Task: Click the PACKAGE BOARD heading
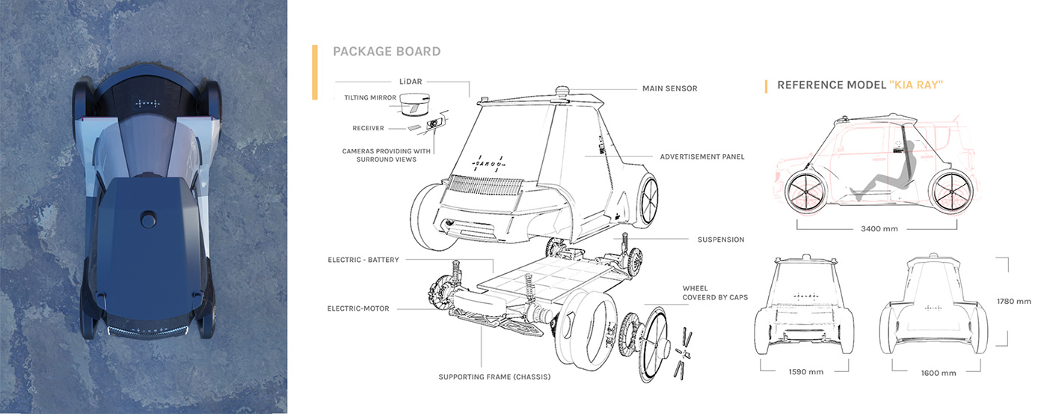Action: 387,52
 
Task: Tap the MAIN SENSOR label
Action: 669,88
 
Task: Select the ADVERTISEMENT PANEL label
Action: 702,156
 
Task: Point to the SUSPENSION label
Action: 720,240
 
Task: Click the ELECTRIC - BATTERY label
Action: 363,260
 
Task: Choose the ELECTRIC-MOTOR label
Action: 358,308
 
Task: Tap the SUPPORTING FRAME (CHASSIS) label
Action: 494,377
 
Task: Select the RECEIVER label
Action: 368,128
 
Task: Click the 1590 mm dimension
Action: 805,371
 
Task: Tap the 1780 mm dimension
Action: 1014,302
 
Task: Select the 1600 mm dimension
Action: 939,373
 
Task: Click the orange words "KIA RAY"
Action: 916,85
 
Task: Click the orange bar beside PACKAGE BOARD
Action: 315,72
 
